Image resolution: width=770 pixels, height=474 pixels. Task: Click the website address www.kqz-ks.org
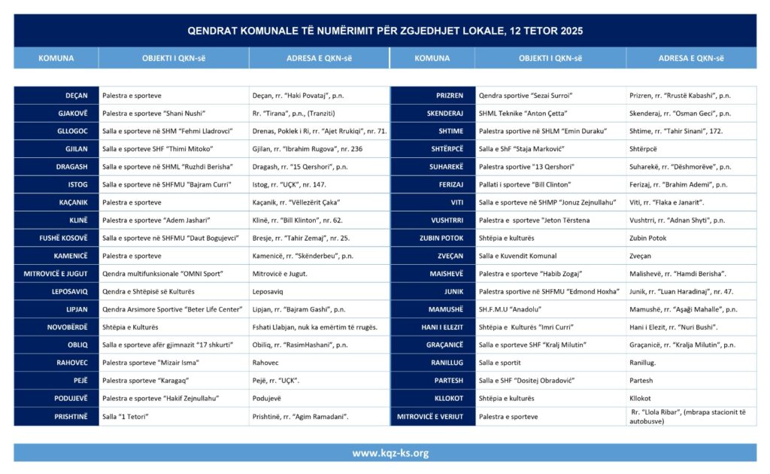[x=390, y=453]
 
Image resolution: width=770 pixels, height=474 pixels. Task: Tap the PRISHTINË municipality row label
[x=71, y=416]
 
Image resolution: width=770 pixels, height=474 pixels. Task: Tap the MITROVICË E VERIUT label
[x=430, y=416]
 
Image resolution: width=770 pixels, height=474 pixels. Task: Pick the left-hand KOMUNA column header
[x=56, y=58]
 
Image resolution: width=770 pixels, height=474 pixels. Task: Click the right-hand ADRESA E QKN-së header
[x=691, y=58]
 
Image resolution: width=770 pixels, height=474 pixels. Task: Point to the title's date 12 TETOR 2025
[x=549, y=31]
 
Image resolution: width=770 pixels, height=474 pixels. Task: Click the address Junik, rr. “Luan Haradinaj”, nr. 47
[x=681, y=291]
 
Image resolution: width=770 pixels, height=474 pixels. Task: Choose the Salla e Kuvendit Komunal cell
[x=518, y=256]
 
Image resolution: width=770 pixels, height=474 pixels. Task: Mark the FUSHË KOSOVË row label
[x=64, y=238]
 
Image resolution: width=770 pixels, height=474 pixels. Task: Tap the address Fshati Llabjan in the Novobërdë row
[x=315, y=327]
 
